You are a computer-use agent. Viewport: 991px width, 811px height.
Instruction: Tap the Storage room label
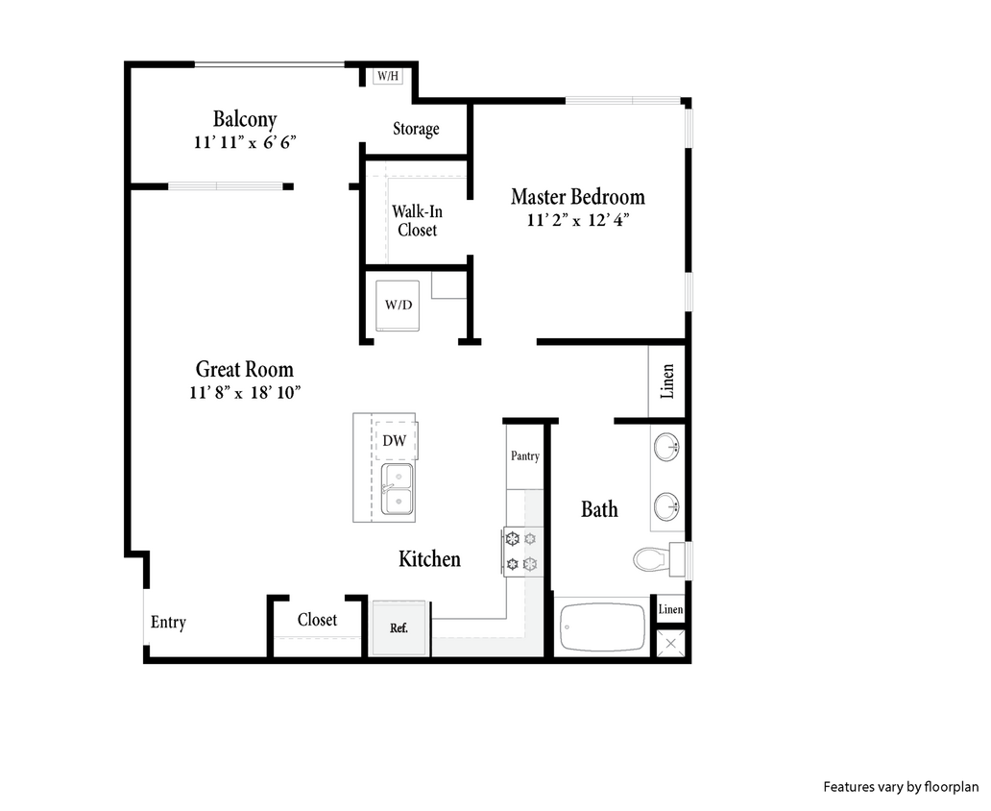point(416,129)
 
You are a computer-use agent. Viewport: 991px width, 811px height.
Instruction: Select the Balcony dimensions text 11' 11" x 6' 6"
point(244,142)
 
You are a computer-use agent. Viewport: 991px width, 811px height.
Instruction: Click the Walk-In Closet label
point(416,220)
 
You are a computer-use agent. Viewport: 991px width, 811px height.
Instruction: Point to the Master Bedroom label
point(577,197)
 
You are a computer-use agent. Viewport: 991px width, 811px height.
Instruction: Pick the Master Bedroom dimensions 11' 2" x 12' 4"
point(577,220)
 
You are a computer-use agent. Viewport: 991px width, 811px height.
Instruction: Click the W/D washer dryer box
point(398,306)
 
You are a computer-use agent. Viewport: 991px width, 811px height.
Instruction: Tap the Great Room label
point(244,369)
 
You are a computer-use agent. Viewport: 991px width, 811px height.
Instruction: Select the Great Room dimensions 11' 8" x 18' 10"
point(245,392)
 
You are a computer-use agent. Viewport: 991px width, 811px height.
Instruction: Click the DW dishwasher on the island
point(394,441)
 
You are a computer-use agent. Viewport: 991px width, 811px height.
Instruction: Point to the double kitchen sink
point(397,490)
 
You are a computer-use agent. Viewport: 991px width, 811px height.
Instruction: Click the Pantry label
point(524,456)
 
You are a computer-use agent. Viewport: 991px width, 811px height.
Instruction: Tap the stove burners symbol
point(521,551)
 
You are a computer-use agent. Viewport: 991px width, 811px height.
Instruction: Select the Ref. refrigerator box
point(399,628)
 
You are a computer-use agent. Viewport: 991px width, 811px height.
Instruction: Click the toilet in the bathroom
point(657,557)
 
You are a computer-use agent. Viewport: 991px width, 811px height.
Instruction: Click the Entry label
point(168,623)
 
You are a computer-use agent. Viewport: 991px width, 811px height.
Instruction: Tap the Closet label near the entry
point(317,620)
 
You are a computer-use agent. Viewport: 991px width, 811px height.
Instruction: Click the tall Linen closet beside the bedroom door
point(667,381)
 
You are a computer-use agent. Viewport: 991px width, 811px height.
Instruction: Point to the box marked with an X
point(669,643)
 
